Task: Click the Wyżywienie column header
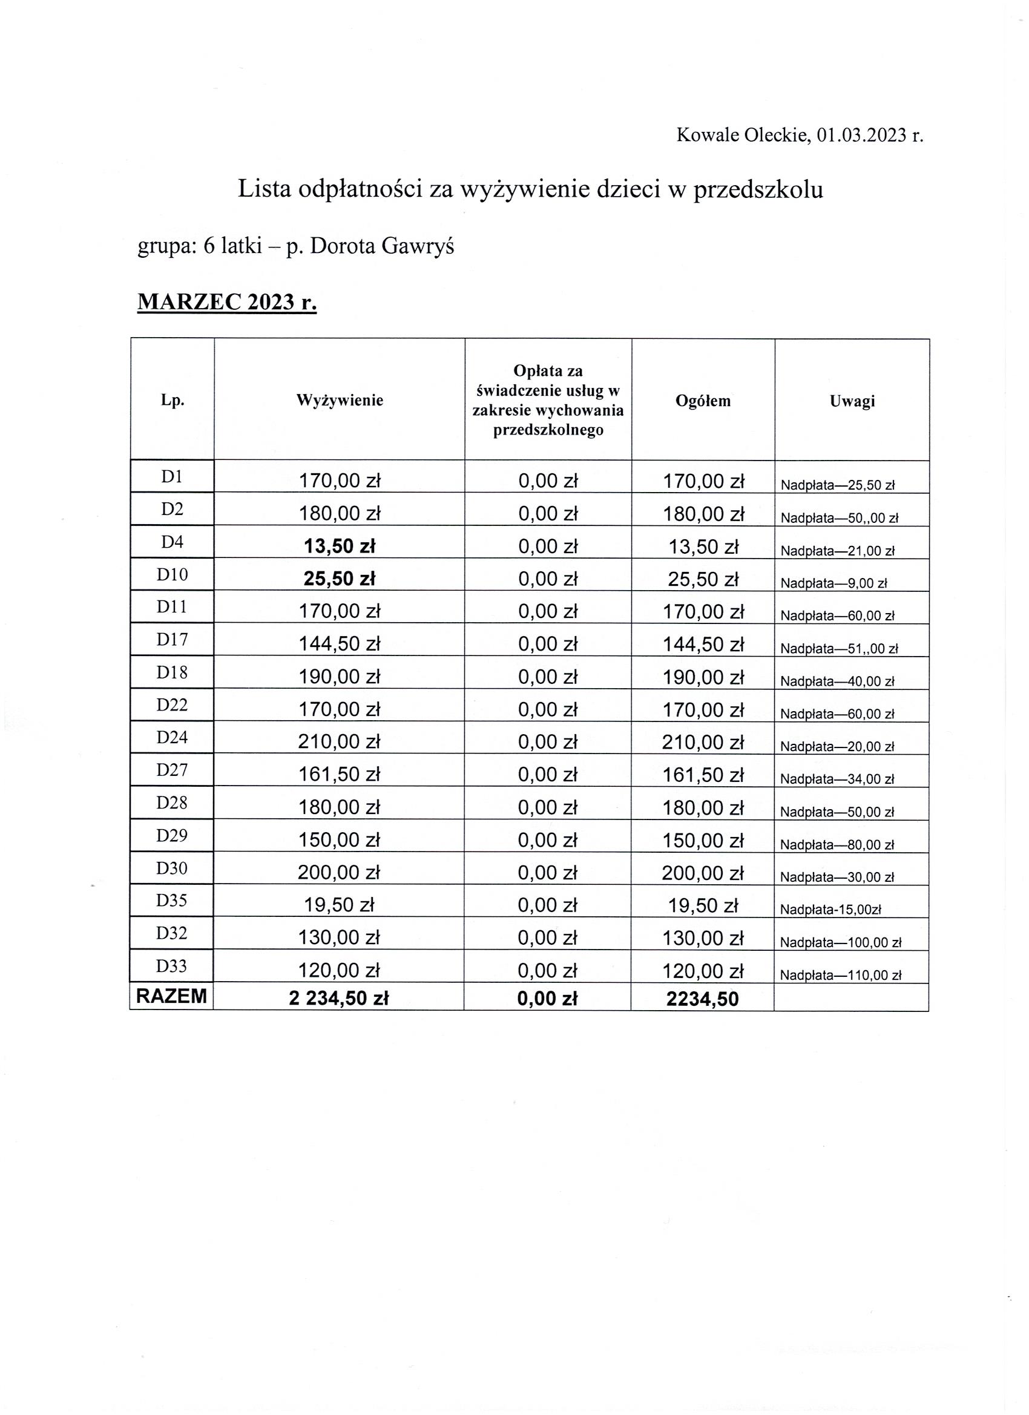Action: (x=340, y=401)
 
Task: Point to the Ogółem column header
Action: (x=703, y=401)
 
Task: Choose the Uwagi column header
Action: (x=852, y=401)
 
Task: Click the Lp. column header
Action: (x=173, y=401)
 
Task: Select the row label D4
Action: (x=173, y=542)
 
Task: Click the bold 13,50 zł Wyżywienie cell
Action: (x=340, y=547)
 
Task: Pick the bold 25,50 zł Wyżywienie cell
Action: (x=340, y=579)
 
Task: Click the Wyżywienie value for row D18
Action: (x=340, y=677)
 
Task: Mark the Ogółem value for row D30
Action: (x=703, y=873)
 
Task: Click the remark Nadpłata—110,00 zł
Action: (x=841, y=976)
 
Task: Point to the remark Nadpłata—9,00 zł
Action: (x=833, y=584)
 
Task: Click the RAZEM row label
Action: (x=172, y=996)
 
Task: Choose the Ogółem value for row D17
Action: (x=703, y=645)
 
